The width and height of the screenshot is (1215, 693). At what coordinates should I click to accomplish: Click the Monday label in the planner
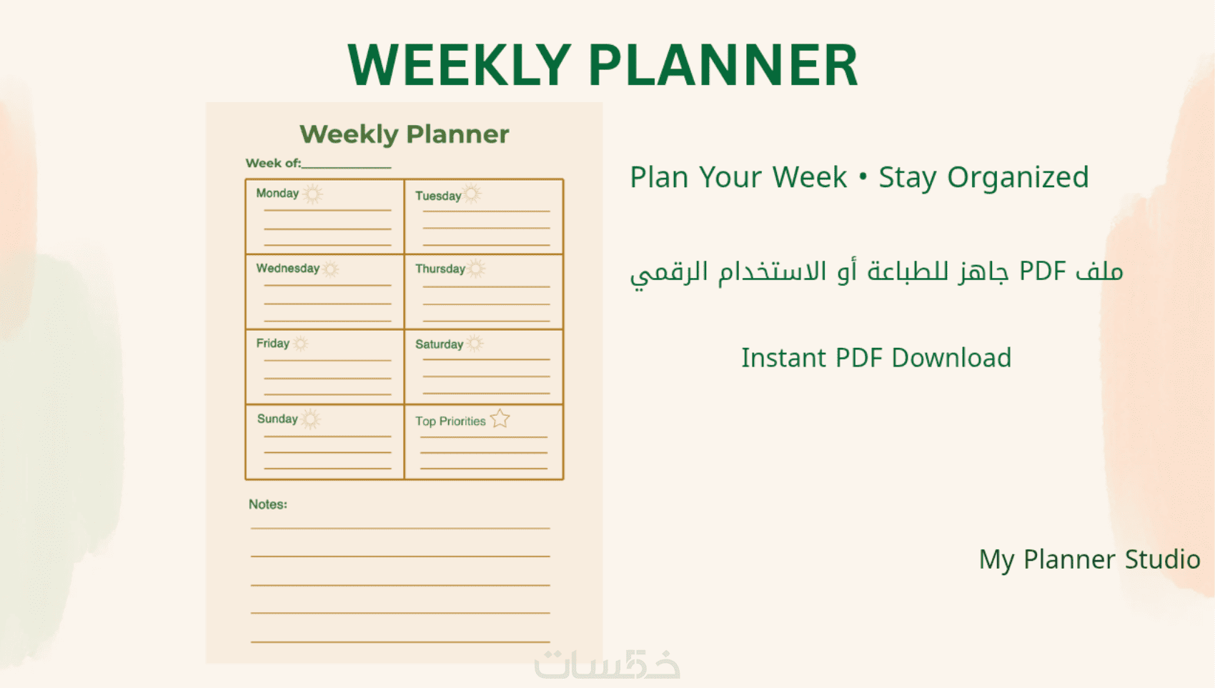(x=277, y=194)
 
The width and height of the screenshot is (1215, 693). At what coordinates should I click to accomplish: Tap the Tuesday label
(x=437, y=196)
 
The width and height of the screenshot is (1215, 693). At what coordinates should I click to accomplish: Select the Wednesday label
(x=287, y=269)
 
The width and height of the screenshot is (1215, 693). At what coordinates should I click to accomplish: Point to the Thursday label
(x=440, y=269)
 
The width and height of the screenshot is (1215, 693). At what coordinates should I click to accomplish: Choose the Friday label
(x=272, y=344)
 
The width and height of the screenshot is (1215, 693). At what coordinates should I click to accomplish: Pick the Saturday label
(x=439, y=344)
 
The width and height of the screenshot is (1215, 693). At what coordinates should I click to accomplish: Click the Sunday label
(x=277, y=419)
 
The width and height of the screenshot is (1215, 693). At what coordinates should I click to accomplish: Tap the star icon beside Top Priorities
(x=500, y=419)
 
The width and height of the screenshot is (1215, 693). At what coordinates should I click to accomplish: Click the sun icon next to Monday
(x=312, y=194)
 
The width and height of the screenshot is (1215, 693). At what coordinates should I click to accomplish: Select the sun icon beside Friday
(x=300, y=343)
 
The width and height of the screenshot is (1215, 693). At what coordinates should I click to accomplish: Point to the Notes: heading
(x=268, y=504)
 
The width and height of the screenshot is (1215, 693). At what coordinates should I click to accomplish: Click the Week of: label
(x=273, y=163)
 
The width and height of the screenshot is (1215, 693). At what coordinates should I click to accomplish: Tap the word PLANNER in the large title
(x=723, y=65)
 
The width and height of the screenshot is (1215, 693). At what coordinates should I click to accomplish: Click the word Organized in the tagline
(x=1018, y=178)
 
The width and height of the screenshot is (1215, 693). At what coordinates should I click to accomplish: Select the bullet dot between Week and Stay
(x=863, y=176)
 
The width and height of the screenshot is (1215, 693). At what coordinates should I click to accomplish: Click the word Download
(x=951, y=358)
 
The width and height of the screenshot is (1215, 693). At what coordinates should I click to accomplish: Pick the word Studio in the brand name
(x=1162, y=559)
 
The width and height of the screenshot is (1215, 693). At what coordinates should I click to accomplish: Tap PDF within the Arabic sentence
(x=1043, y=271)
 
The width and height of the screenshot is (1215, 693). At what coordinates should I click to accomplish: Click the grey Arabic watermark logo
(x=607, y=664)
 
